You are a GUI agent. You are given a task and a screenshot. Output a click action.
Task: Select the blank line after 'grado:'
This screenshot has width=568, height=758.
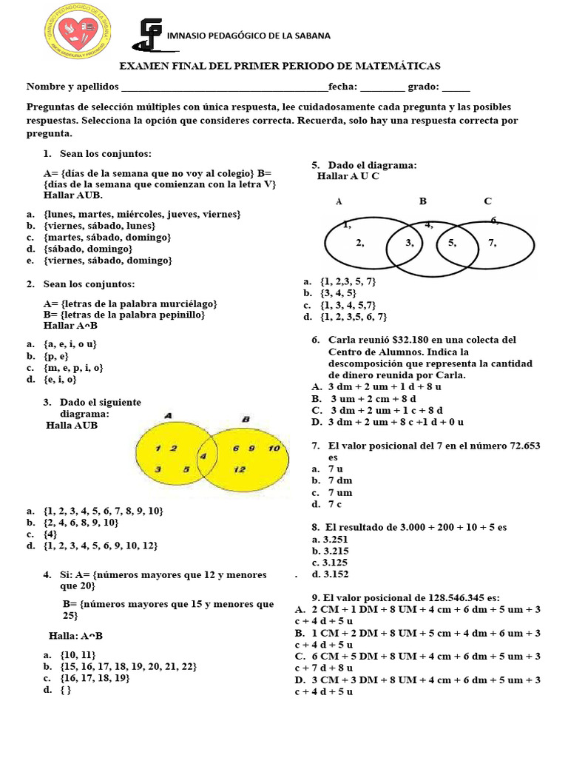click(456, 87)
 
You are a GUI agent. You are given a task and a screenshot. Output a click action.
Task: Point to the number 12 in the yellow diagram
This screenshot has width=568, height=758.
click(240, 469)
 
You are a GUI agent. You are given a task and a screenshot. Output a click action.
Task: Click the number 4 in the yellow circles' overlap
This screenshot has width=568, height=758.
click(203, 457)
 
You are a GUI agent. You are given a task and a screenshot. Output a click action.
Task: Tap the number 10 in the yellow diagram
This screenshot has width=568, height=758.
click(274, 449)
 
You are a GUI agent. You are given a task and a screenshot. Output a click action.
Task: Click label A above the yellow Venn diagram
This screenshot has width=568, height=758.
click(169, 416)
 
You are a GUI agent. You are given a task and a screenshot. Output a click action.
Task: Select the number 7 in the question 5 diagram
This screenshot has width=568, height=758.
click(493, 242)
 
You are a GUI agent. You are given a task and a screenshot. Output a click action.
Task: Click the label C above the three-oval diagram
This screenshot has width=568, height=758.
click(487, 201)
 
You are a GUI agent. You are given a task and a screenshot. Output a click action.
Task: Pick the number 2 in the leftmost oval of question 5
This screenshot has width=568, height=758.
click(360, 242)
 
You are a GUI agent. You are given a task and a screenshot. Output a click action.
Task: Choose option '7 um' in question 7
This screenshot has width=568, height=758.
click(340, 492)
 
